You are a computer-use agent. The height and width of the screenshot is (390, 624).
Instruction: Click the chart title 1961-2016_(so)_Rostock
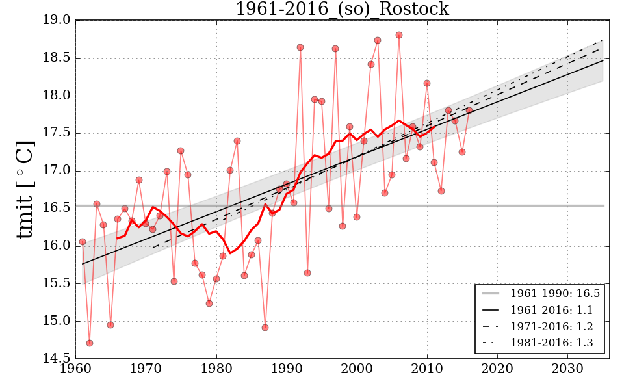point(342,9)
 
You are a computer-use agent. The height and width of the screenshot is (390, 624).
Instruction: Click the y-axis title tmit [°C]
point(25,189)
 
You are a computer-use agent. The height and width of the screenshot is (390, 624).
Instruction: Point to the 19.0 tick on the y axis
point(57,20)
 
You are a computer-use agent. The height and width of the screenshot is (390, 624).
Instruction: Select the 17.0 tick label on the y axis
point(57,171)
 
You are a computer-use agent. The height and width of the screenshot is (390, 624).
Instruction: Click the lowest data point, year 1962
point(90,343)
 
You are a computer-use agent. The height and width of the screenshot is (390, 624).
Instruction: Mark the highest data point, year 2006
point(399,35)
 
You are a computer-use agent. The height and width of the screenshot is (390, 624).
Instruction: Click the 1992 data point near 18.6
point(300,47)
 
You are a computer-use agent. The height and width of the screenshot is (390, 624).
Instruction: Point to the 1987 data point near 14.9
point(265,328)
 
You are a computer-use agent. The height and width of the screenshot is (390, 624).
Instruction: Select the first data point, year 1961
point(83,242)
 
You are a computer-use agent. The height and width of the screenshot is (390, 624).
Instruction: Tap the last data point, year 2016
point(469,110)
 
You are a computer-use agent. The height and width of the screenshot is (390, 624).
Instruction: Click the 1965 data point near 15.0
point(110,325)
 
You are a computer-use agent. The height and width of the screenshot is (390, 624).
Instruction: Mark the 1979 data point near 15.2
point(209,304)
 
